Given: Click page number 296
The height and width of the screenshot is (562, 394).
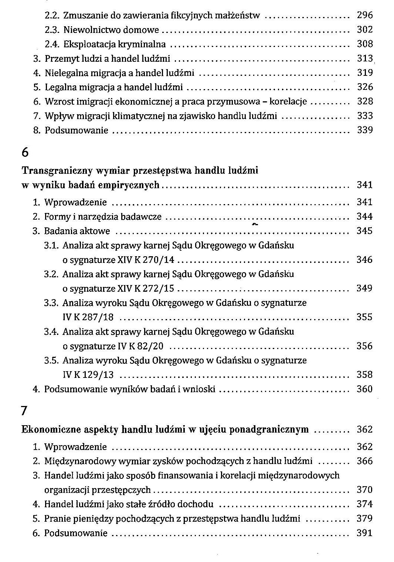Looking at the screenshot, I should [x=365, y=16].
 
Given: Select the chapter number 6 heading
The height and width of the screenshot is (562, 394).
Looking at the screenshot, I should [x=25, y=152].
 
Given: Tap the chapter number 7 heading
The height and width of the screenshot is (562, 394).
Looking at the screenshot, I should [x=24, y=411].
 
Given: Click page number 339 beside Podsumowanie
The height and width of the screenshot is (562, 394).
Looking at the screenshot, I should [x=365, y=130].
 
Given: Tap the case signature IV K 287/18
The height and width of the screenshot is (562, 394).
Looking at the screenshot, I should [x=88, y=317].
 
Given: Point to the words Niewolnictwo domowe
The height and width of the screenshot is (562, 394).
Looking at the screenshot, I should [x=111, y=30].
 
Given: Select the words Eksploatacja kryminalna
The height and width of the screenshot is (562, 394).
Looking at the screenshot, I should [x=115, y=44].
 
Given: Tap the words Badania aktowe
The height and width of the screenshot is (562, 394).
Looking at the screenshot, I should [x=77, y=231].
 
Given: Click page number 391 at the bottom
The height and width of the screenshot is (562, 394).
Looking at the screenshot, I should [x=364, y=533].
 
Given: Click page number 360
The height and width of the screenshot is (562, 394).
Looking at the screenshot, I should [x=364, y=389].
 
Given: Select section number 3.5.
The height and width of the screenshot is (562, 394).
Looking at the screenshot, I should [x=51, y=360].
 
